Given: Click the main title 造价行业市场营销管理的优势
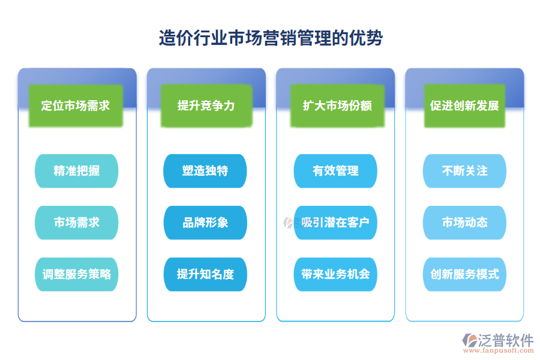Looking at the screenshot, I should pyautogui.click(x=271, y=38).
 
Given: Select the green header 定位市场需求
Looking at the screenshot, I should pyautogui.click(x=76, y=106).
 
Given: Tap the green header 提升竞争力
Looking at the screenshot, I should pyautogui.click(x=206, y=106).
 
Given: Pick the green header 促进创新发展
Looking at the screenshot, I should pyautogui.click(x=465, y=106).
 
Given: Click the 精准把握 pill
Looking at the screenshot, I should pyautogui.click(x=77, y=171).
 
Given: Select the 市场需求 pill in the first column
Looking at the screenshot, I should pyautogui.click(x=77, y=223).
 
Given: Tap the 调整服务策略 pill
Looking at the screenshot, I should pyautogui.click(x=77, y=274).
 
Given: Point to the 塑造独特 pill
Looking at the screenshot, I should pyautogui.click(x=205, y=171).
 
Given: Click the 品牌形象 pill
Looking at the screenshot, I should pyautogui.click(x=205, y=223).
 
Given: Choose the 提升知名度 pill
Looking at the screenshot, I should pyautogui.click(x=205, y=274).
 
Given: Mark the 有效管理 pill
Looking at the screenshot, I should pyautogui.click(x=335, y=171).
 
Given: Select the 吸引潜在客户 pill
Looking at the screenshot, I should pyautogui.click(x=335, y=223).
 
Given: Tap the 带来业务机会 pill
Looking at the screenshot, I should pyautogui.click(x=335, y=274).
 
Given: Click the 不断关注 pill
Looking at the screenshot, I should pyautogui.click(x=465, y=171).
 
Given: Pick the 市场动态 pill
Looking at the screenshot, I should pyautogui.click(x=465, y=223).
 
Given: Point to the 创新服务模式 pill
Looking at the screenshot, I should pyautogui.click(x=465, y=274).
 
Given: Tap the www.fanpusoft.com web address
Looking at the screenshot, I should pyautogui.click(x=502, y=353).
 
